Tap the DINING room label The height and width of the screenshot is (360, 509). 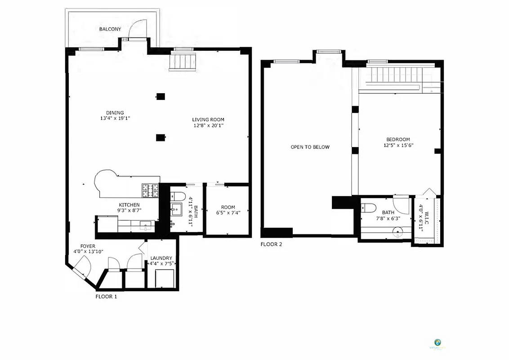pos(115,112)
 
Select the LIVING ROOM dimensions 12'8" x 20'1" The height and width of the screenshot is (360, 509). pos(208,126)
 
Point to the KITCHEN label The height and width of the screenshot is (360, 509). pos(129,204)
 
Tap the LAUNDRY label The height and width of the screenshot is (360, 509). pos(161,258)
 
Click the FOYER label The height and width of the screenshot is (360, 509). pos(88,246)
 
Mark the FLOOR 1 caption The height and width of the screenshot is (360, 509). pos(107,297)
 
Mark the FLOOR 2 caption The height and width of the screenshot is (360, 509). pos(271,244)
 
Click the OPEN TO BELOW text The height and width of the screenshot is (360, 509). pos(310,147)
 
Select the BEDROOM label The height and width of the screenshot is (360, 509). pos(397,139)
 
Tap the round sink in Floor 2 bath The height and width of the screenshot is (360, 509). pos(397,232)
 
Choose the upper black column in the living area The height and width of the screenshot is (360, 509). pos(161,96)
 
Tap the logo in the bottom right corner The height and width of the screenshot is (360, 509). pos(437,343)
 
